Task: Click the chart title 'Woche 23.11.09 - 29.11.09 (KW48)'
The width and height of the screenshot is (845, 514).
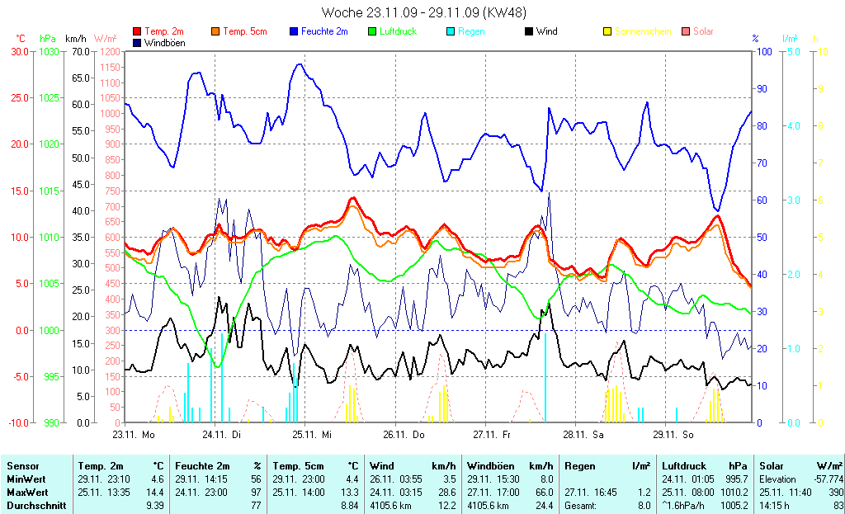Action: (x=423, y=12)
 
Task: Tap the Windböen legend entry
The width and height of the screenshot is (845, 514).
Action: (x=164, y=42)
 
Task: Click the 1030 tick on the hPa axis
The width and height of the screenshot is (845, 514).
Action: (x=49, y=51)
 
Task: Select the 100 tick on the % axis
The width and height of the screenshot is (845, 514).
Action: (x=764, y=51)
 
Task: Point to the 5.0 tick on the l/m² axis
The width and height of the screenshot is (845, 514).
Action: (x=793, y=51)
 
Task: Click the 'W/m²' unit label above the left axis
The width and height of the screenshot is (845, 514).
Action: (x=106, y=38)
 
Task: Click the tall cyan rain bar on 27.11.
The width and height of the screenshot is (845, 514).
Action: (x=545, y=376)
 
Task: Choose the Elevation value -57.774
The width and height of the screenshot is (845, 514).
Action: (x=825, y=479)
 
